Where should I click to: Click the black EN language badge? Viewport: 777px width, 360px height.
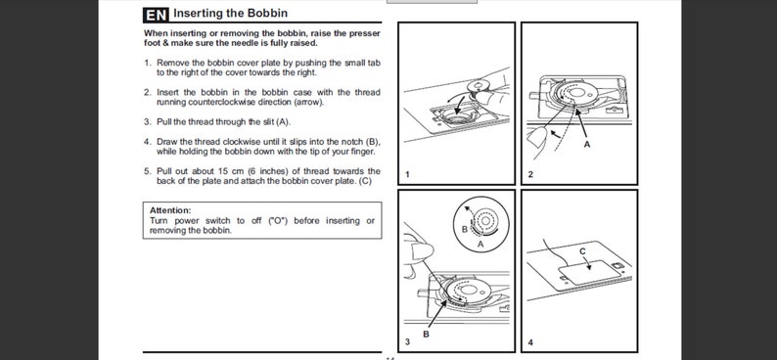coord(156,15)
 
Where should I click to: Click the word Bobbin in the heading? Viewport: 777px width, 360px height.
coord(271,14)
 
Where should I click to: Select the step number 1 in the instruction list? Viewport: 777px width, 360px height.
coord(147,63)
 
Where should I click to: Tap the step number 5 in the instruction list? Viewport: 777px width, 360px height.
coord(147,171)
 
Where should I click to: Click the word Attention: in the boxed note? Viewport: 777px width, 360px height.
coord(170,210)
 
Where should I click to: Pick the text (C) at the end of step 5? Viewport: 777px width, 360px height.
coord(365,181)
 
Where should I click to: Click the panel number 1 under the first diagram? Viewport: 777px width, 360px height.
coord(407,174)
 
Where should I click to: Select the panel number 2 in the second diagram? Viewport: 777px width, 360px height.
coord(530,174)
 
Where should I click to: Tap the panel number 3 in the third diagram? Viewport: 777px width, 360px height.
coord(407,341)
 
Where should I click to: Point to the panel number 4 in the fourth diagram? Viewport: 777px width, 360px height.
coord(530,341)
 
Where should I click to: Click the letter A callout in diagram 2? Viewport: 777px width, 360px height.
coord(587,145)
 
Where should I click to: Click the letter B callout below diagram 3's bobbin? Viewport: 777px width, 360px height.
coord(426,335)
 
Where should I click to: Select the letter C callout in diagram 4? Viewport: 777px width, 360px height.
coord(582,251)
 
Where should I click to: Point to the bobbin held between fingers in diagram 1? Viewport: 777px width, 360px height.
coord(479,88)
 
